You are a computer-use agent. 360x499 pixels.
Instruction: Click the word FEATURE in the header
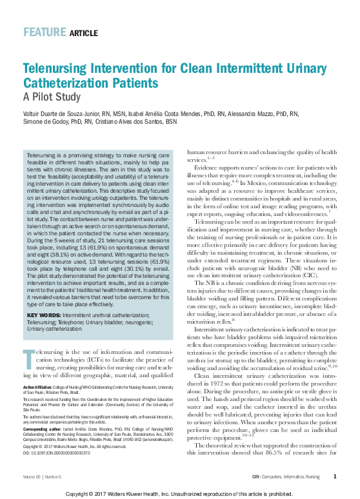pyautogui.click(x=44, y=32)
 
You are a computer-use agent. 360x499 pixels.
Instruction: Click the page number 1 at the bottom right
pyautogui.click(x=335, y=476)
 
